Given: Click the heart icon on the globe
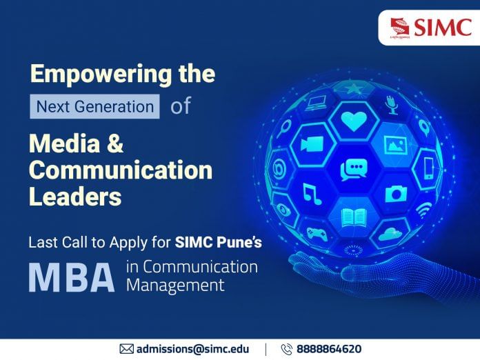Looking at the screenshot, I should pyautogui.click(x=354, y=121).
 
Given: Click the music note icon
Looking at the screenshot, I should pyautogui.click(x=312, y=193).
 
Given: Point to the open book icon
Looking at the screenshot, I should pyautogui.click(x=353, y=217).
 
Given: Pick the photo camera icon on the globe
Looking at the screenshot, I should pyautogui.click(x=396, y=194).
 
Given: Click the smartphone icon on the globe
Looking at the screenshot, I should pyautogui.click(x=428, y=166).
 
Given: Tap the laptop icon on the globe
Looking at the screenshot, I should pyautogui.click(x=317, y=103).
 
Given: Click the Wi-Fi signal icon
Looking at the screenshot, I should pyautogui.click(x=423, y=208).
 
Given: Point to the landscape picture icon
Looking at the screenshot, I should pyautogui.click(x=394, y=146).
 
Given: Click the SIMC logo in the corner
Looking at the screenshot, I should pyautogui.click(x=429, y=28).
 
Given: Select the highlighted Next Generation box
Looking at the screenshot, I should pyautogui.click(x=94, y=107).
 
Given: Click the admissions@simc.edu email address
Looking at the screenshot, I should pyautogui.click(x=192, y=349).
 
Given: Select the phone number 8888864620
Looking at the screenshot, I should pyautogui.click(x=329, y=349).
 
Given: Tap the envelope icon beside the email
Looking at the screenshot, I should pyautogui.click(x=127, y=349).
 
